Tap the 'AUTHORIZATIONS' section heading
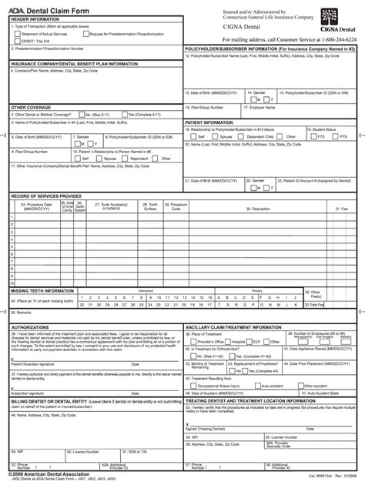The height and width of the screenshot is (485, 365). click(x=32, y=327)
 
